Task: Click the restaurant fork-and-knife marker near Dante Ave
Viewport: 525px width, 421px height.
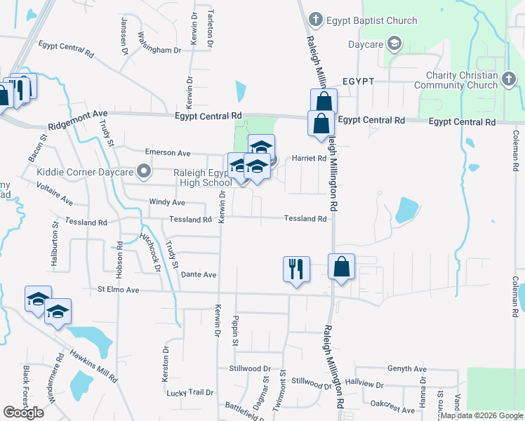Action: (295, 268)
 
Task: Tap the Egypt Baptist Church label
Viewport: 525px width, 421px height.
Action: (360, 20)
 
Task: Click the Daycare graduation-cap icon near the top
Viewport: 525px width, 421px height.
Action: (394, 44)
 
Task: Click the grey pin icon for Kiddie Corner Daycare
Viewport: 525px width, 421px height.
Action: (144, 171)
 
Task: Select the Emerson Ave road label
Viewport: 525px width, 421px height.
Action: (167, 152)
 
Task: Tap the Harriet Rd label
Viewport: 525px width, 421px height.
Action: (309, 159)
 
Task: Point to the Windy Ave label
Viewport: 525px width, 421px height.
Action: (167, 202)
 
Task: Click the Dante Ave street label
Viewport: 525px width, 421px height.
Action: (198, 275)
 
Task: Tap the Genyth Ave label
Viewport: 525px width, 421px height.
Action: (406, 369)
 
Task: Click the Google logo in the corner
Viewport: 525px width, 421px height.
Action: (24, 413)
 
